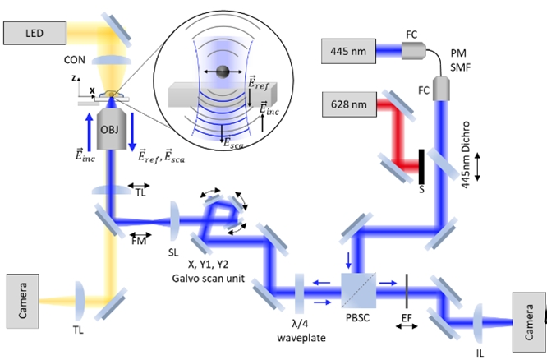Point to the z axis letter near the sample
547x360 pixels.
click(74, 76)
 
